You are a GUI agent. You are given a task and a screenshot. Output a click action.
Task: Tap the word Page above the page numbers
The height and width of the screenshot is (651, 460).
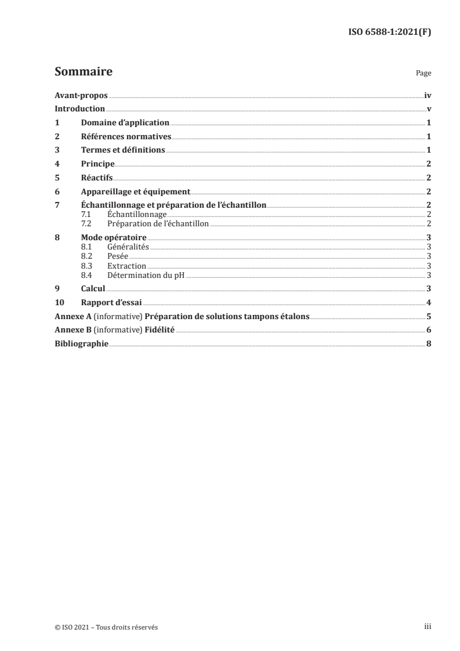[x=423, y=74]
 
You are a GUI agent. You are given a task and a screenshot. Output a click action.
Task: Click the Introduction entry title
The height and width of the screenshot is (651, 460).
[x=79, y=109]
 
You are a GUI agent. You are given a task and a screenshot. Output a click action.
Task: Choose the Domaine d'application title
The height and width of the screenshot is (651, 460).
[x=125, y=123]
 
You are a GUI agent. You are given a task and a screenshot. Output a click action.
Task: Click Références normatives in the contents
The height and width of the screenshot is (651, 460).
[x=126, y=137]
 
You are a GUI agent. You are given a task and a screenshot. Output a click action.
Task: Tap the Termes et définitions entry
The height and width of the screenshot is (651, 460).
[x=123, y=150]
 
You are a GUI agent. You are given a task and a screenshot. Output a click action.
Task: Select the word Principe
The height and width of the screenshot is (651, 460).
[x=97, y=164]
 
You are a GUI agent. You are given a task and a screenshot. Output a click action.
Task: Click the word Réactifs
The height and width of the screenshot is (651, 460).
[x=97, y=178]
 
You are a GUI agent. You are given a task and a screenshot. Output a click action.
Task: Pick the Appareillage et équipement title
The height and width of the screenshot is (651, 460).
[x=136, y=191]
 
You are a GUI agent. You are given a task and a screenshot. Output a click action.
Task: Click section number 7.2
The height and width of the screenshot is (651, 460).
[x=86, y=223]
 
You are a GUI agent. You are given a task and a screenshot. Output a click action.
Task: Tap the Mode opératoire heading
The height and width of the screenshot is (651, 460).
[x=114, y=238]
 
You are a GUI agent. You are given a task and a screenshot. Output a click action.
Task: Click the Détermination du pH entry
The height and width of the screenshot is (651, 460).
[x=146, y=274]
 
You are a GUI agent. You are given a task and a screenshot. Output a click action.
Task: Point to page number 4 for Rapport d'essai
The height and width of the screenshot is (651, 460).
[x=428, y=302]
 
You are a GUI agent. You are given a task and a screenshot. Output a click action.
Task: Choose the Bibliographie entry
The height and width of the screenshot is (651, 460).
[x=81, y=344]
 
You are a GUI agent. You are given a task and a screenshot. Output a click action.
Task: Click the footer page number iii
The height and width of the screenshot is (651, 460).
[x=428, y=627]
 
